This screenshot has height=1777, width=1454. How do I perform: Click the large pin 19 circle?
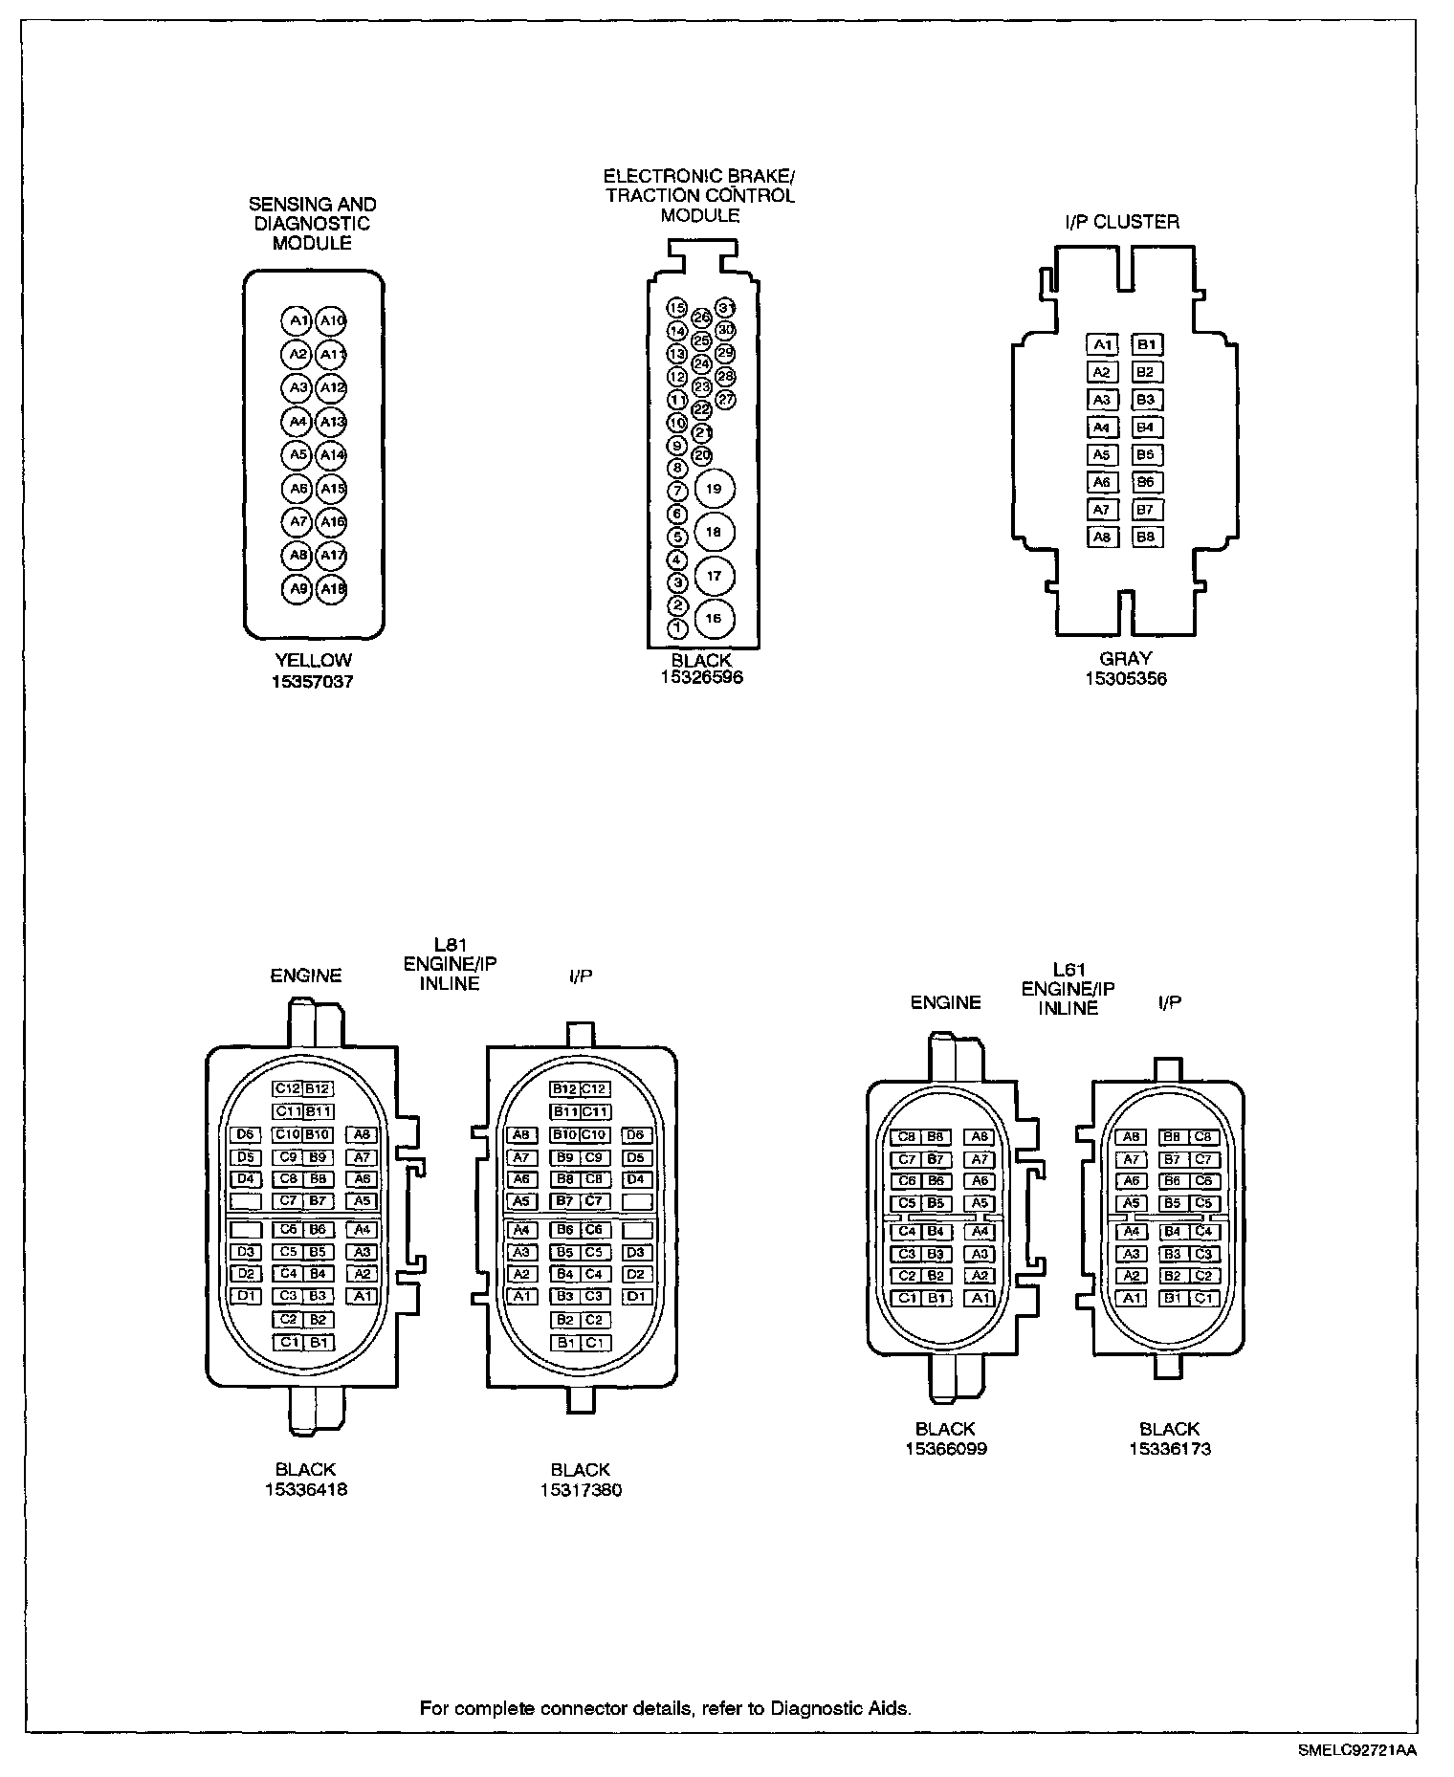coord(714,489)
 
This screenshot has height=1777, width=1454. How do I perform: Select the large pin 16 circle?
coord(714,619)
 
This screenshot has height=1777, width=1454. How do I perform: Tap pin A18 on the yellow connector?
coord(332,589)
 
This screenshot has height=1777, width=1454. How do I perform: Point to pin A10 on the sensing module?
coord(332,320)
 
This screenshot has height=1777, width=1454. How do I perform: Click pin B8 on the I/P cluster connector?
coord(1146,537)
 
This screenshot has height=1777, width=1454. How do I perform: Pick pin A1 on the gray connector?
coord(1102,344)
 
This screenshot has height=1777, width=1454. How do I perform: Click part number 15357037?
coord(313,682)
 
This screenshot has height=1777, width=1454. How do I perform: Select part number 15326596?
coord(701,677)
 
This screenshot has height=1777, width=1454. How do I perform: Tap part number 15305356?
coord(1126,679)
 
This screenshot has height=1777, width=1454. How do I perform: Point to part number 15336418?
coord(306,1489)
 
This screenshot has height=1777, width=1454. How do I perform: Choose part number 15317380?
coord(581,1489)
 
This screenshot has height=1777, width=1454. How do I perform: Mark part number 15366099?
coord(946,1448)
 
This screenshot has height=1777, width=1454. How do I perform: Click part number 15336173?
coord(1169,1448)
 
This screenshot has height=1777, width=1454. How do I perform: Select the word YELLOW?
coord(313,660)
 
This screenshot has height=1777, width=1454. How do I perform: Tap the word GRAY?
coord(1126,658)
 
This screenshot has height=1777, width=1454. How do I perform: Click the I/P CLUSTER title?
coord(1122,222)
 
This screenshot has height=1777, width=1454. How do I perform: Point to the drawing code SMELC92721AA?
coord(1357,1750)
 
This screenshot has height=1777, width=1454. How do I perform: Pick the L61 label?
coord(1068,970)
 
